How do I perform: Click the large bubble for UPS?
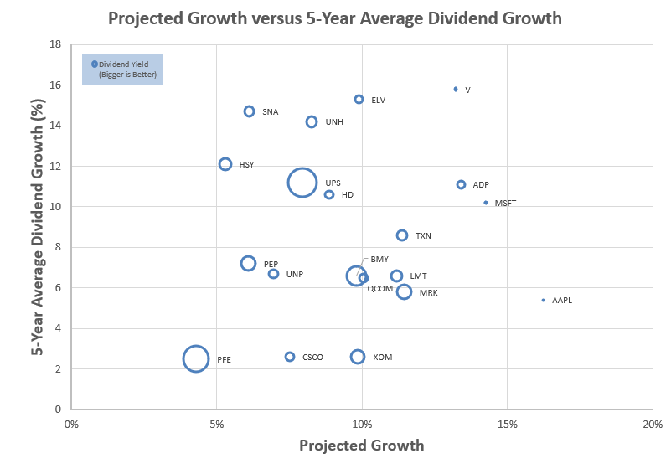click(x=302, y=183)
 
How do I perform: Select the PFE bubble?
click(x=196, y=358)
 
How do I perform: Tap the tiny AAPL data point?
click(x=543, y=300)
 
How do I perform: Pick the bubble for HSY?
click(x=225, y=164)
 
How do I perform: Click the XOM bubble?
click(x=358, y=357)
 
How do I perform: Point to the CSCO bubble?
click(x=290, y=357)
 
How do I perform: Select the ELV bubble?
click(x=359, y=99)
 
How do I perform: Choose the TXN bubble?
click(x=402, y=235)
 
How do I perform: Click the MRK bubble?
click(x=404, y=291)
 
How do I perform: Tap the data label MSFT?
click(x=505, y=204)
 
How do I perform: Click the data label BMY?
click(x=379, y=260)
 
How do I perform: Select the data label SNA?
click(x=270, y=111)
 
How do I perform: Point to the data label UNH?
click(x=334, y=122)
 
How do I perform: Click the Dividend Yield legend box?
click(x=122, y=70)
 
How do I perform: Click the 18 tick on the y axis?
click(x=56, y=44)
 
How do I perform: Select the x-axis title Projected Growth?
click(x=361, y=446)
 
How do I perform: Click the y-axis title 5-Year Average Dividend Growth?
click(x=38, y=226)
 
